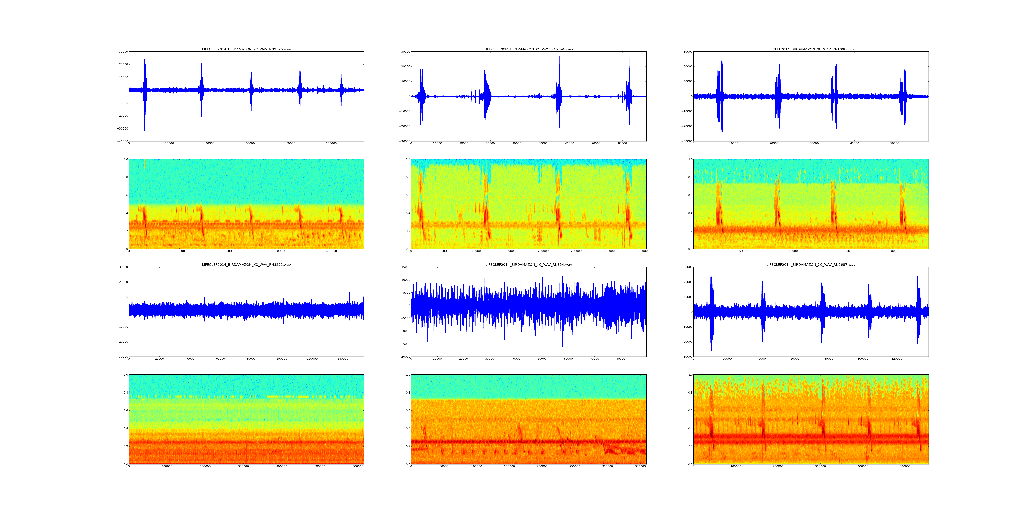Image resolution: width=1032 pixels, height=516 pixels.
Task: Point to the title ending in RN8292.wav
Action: point(246,264)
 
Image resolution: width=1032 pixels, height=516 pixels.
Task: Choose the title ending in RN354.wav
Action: point(528,264)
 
